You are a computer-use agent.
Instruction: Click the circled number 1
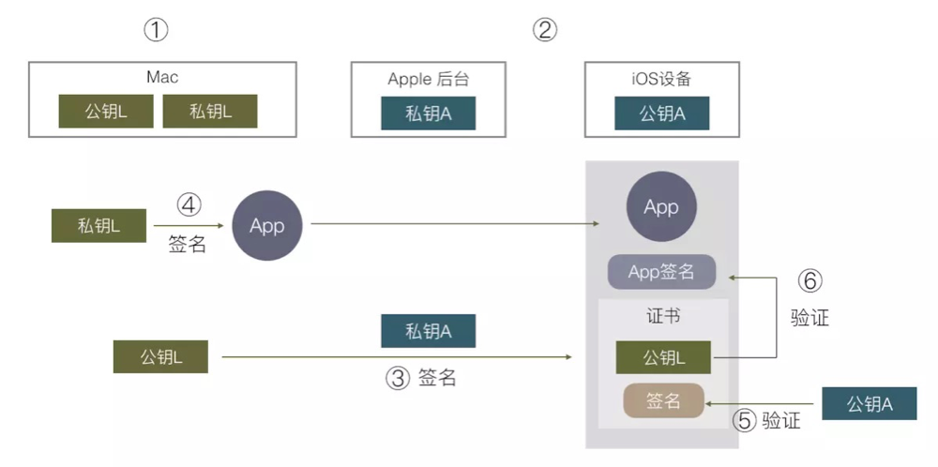click(x=156, y=29)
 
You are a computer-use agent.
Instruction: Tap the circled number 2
click(x=544, y=29)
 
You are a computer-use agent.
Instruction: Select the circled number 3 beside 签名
click(x=397, y=378)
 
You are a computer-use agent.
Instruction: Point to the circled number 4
click(x=189, y=205)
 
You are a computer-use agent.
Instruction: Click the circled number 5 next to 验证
click(x=745, y=420)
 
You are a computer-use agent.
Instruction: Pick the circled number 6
click(x=810, y=281)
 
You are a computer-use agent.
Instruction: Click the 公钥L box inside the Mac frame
click(x=106, y=112)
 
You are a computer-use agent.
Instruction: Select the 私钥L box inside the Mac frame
click(x=210, y=112)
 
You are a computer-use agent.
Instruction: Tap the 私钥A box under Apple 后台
click(x=429, y=113)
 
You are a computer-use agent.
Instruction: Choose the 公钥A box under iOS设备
click(x=662, y=113)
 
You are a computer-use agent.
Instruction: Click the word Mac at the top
click(x=162, y=77)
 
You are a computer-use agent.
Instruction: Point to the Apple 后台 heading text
click(x=429, y=79)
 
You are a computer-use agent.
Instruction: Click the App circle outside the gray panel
click(x=266, y=225)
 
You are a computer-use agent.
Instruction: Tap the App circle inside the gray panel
click(x=661, y=207)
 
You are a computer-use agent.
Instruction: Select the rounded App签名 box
click(x=661, y=272)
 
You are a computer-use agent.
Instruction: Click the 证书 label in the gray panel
click(x=663, y=316)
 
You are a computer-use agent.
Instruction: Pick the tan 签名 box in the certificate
click(x=663, y=400)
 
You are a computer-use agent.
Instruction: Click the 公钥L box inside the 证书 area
click(x=663, y=357)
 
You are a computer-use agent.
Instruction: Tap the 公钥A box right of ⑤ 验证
click(x=870, y=403)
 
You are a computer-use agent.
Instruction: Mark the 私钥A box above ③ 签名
click(x=429, y=331)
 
